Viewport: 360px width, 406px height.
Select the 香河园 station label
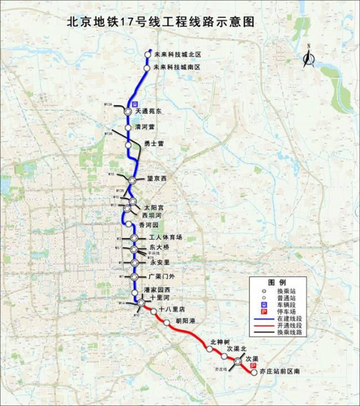pos(150,226)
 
